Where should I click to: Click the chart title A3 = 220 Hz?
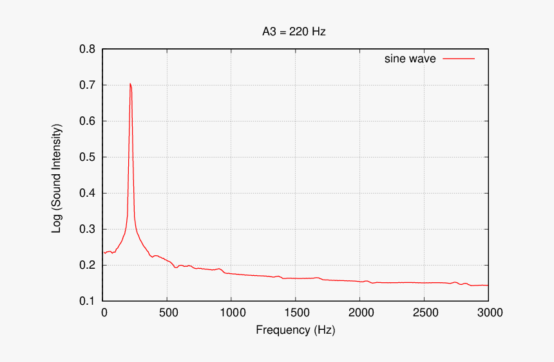point(290,31)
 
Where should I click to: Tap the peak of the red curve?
point(130,84)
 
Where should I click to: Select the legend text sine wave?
point(410,59)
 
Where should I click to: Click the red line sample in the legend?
point(458,59)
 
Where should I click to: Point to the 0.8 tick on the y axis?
point(88,50)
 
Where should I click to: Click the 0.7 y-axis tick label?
point(88,86)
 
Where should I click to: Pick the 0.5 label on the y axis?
point(88,158)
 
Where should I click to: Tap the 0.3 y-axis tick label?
point(88,230)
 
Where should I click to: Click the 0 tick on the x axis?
point(104,313)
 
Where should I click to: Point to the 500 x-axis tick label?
point(167,313)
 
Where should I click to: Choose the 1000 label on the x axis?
point(231,313)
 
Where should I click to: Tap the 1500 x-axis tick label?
point(296,313)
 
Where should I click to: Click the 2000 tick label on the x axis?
point(359,313)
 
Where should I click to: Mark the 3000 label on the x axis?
point(488,313)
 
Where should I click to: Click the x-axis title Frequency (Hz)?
point(296,330)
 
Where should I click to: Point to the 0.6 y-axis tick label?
point(88,122)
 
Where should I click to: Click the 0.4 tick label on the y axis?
point(88,194)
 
